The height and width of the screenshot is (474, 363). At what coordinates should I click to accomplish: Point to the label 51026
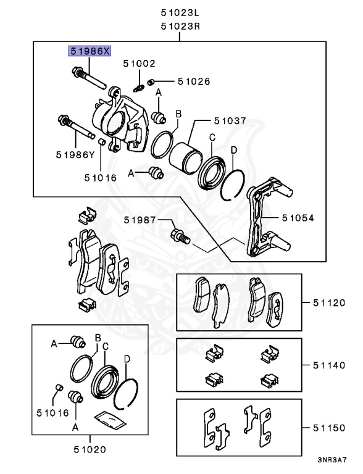[x=193, y=81]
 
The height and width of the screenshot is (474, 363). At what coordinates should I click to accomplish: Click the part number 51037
[x=230, y=122]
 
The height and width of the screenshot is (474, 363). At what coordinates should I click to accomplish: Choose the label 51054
[x=298, y=218]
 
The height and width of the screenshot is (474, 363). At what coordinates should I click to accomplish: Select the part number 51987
[x=139, y=219]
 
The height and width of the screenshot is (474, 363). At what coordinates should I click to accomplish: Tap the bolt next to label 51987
[x=180, y=236]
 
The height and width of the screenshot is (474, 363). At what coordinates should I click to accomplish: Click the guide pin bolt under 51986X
[x=88, y=78]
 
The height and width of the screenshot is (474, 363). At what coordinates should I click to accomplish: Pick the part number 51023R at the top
[x=180, y=26]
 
